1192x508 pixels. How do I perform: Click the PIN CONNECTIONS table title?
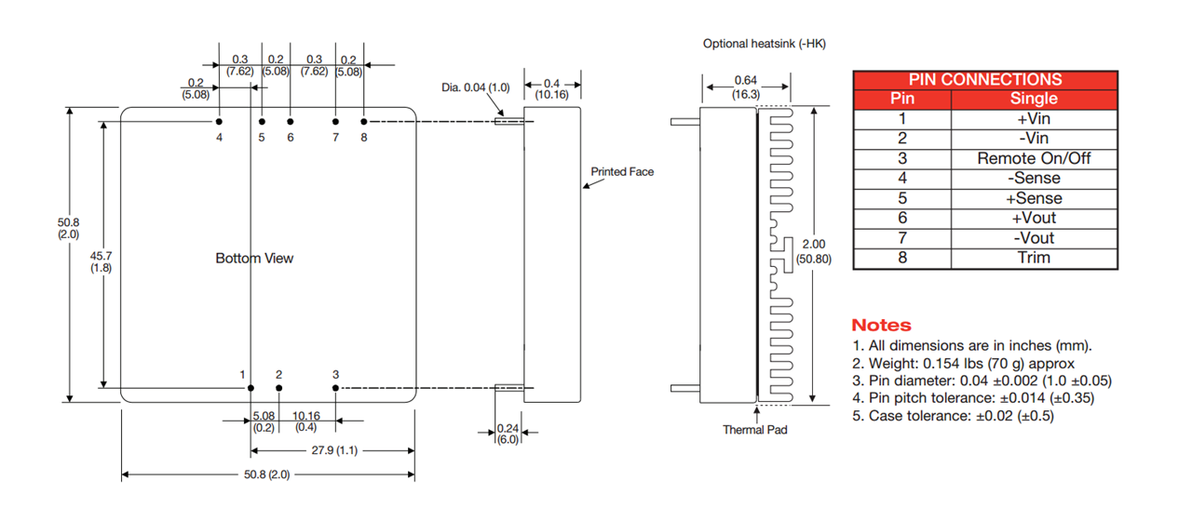tap(984, 80)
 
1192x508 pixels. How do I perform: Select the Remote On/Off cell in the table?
tap(1034, 158)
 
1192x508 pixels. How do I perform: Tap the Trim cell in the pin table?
tap(1034, 258)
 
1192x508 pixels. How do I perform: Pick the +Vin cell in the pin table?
tap(1034, 118)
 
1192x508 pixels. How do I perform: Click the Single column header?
tap(1034, 99)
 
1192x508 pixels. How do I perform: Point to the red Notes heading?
tap(881, 325)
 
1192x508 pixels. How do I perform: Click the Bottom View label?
tap(254, 258)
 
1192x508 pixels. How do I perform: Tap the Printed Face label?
tap(622, 171)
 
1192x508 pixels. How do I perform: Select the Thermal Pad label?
tap(755, 430)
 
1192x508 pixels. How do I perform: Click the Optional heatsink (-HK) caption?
tap(764, 44)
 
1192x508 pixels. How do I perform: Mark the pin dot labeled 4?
tap(219, 121)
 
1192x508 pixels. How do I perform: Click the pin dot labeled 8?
tap(364, 121)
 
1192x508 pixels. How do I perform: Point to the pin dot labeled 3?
tap(335, 388)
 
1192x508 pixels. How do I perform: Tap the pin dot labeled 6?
tap(291, 121)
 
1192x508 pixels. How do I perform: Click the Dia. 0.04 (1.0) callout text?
tap(476, 87)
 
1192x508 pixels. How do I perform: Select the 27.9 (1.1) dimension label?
tap(332, 450)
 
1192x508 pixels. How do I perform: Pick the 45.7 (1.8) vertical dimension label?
tap(101, 261)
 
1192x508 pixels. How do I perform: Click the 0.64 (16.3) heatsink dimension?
tap(746, 87)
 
